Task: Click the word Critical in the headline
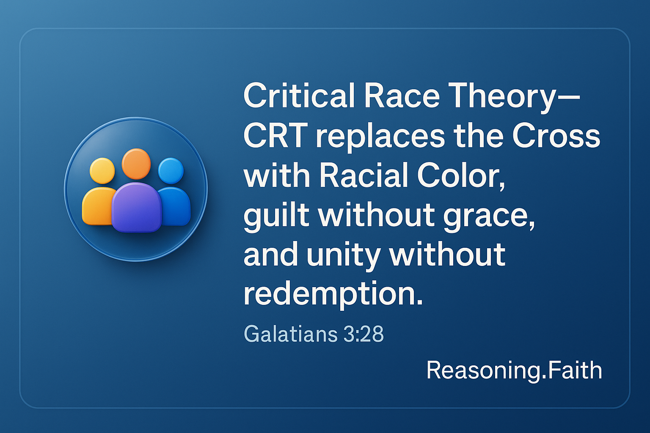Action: pyautogui.click(x=299, y=96)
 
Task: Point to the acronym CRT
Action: pyautogui.click(x=275, y=136)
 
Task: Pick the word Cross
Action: pyautogui.click(x=556, y=136)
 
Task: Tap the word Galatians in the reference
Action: pyautogui.click(x=290, y=334)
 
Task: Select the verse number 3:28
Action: pyautogui.click(x=364, y=334)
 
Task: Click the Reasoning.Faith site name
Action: pyautogui.click(x=514, y=371)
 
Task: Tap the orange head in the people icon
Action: pyautogui.click(x=136, y=164)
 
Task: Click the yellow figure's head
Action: pyautogui.click(x=102, y=171)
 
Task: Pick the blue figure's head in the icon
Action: pyautogui.click(x=171, y=171)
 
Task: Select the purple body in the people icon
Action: pyautogui.click(x=136, y=208)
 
